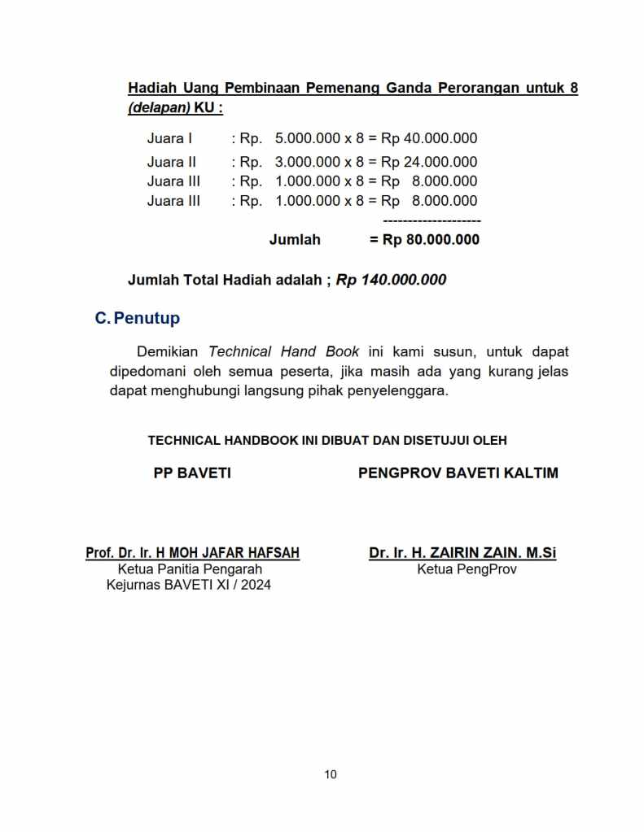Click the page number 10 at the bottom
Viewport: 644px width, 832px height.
click(x=331, y=774)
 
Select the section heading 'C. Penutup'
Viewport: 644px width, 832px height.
click(x=138, y=318)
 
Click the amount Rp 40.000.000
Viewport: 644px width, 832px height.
click(x=429, y=138)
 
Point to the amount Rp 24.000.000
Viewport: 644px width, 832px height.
click(x=429, y=162)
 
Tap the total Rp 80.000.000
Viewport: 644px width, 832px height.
click(x=431, y=240)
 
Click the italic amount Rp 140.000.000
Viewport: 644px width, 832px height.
click(x=392, y=280)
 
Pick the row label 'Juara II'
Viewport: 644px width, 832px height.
click(x=172, y=162)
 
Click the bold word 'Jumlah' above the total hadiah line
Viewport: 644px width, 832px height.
click(x=295, y=240)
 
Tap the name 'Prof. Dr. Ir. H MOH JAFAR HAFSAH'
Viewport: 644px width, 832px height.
click(x=192, y=553)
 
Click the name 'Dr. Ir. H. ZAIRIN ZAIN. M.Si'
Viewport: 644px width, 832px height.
click(x=462, y=553)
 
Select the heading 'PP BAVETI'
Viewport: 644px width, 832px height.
click(x=192, y=473)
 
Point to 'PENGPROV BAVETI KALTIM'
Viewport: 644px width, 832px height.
click(x=458, y=473)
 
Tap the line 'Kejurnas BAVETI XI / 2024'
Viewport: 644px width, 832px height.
click(x=189, y=585)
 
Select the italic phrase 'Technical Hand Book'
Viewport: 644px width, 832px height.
click(x=284, y=352)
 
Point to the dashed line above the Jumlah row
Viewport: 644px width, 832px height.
click(x=432, y=220)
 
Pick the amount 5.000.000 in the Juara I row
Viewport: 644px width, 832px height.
click(x=307, y=138)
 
